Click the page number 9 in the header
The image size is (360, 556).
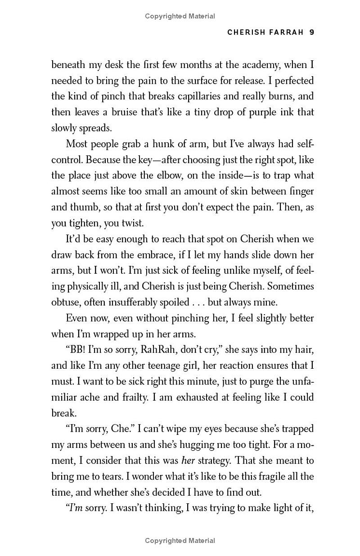[311, 32]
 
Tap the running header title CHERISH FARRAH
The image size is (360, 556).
[265, 32]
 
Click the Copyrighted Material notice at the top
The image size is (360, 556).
[180, 16]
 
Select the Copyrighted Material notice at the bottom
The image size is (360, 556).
[180, 541]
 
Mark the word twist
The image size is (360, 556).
[132, 223]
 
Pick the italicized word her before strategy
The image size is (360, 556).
[188, 461]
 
